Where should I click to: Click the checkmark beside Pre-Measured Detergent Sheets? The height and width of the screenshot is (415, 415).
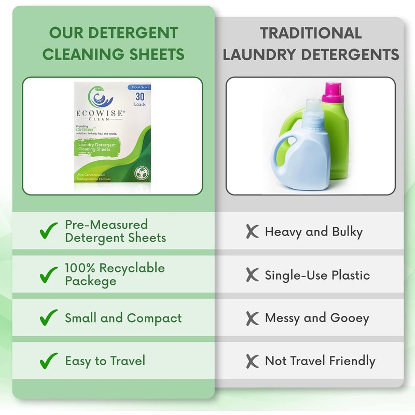point(49,231)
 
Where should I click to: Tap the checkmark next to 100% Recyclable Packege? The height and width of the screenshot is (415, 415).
point(49,274)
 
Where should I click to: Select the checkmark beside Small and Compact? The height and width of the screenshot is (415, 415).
point(49,317)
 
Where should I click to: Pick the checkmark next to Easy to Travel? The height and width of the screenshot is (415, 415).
point(49,359)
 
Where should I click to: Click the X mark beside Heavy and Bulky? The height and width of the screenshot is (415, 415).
point(252,232)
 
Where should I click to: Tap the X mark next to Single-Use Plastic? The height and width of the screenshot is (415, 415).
point(252,275)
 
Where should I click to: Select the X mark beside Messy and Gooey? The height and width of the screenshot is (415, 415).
point(252,317)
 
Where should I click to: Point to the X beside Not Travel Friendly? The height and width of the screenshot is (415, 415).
point(252,361)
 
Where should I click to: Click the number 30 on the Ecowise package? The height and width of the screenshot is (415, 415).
point(140,96)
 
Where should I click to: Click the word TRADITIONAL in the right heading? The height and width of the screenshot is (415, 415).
point(311,33)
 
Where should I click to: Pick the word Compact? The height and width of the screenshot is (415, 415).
point(155,317)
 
